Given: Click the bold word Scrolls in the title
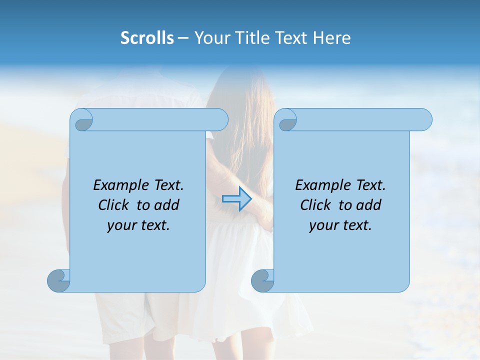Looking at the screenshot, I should coord(147,38).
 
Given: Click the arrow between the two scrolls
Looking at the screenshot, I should coord(236,199).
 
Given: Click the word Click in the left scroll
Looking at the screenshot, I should coord(114,205).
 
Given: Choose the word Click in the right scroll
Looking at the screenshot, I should coord(315,205).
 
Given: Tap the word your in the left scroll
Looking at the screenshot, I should coord(120,225).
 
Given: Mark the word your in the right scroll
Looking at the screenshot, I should coord(322,225).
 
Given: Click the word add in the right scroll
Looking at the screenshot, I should coord(369,205).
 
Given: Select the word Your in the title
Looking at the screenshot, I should coord(209,38).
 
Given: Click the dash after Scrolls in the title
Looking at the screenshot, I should coord(183,38).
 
